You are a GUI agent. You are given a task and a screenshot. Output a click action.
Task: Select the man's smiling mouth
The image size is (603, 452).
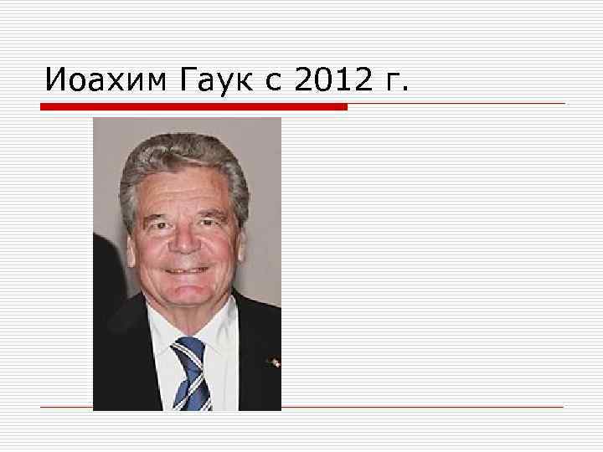[x=187, y=270]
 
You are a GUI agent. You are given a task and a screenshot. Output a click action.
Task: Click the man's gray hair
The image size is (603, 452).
[x=184, y=155]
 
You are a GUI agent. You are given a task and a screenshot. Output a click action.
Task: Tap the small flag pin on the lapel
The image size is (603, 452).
[x=272, y=363]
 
